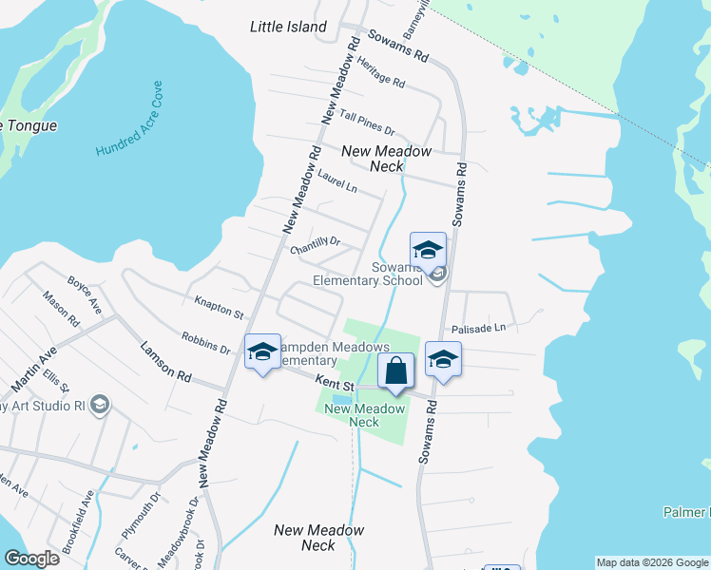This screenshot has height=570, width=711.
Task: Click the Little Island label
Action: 288,27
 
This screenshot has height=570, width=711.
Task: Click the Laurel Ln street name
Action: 336,180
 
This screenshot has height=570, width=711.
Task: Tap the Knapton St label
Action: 219,309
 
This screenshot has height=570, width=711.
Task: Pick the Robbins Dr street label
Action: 206,342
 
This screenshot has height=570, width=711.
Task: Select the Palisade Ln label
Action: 486,328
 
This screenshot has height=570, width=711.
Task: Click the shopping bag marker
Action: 396,370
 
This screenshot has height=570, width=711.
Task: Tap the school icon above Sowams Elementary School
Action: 428,251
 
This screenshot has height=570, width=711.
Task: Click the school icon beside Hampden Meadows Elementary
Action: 262,352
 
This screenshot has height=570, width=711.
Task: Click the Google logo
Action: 31,558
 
